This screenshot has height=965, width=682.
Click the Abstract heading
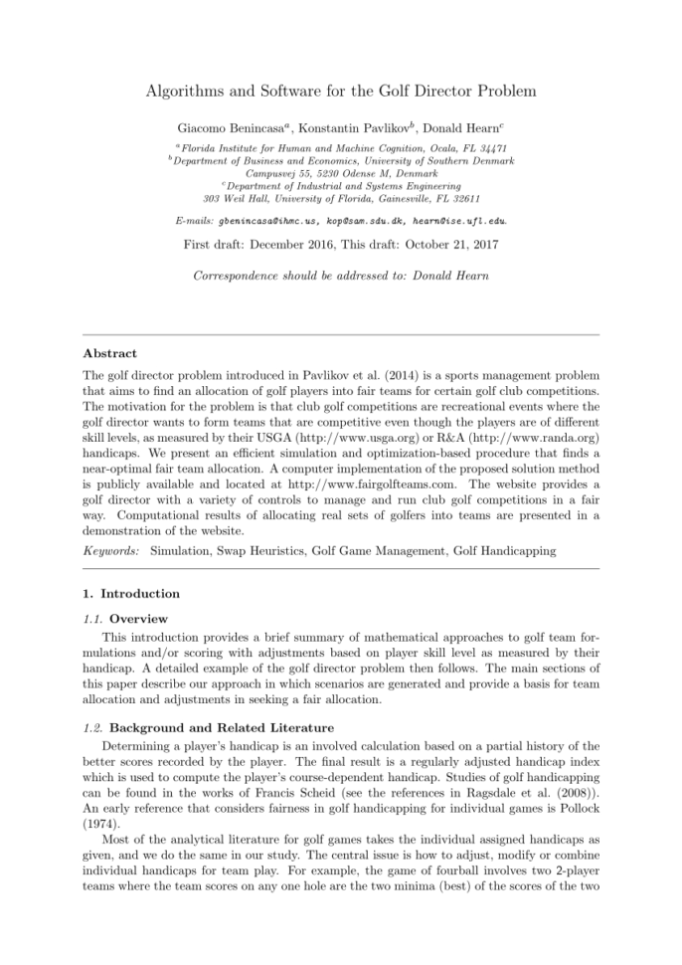110,353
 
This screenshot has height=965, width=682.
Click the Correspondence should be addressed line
340,274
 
